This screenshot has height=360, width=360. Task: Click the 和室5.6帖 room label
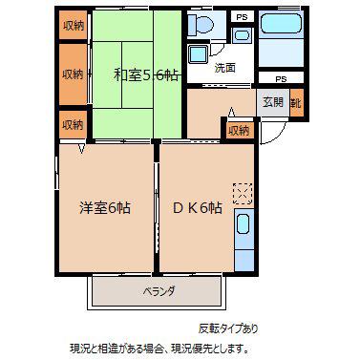coord(146,75)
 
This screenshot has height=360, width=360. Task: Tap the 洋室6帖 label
coord(105,208)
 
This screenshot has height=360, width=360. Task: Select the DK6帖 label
coord(197,208)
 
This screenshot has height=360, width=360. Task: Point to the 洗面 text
coord(224,68)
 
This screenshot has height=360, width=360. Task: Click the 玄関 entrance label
coord(273,102)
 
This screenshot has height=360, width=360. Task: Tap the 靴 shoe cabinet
coord(296,103)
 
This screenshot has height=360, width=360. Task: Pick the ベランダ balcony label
coord(159,291)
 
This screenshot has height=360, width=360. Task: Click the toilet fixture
coord(201,24)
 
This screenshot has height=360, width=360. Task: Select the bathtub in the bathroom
coord(281,23)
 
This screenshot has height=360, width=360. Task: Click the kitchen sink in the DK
coord(244,223)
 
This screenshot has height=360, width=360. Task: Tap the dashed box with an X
coord(243,193)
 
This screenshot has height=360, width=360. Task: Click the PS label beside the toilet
coord(242,17)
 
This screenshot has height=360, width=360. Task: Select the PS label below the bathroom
coord(281,79)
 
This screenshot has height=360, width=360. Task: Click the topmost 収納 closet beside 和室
coord(74,25)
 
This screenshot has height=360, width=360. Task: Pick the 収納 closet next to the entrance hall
coord(240,131)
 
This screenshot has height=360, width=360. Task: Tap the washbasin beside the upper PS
coord(243,35)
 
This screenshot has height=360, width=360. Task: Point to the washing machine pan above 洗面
coord(198,53)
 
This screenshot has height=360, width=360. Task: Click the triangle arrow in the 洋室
coord(82,149)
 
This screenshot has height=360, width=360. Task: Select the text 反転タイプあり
coord(228,328)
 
